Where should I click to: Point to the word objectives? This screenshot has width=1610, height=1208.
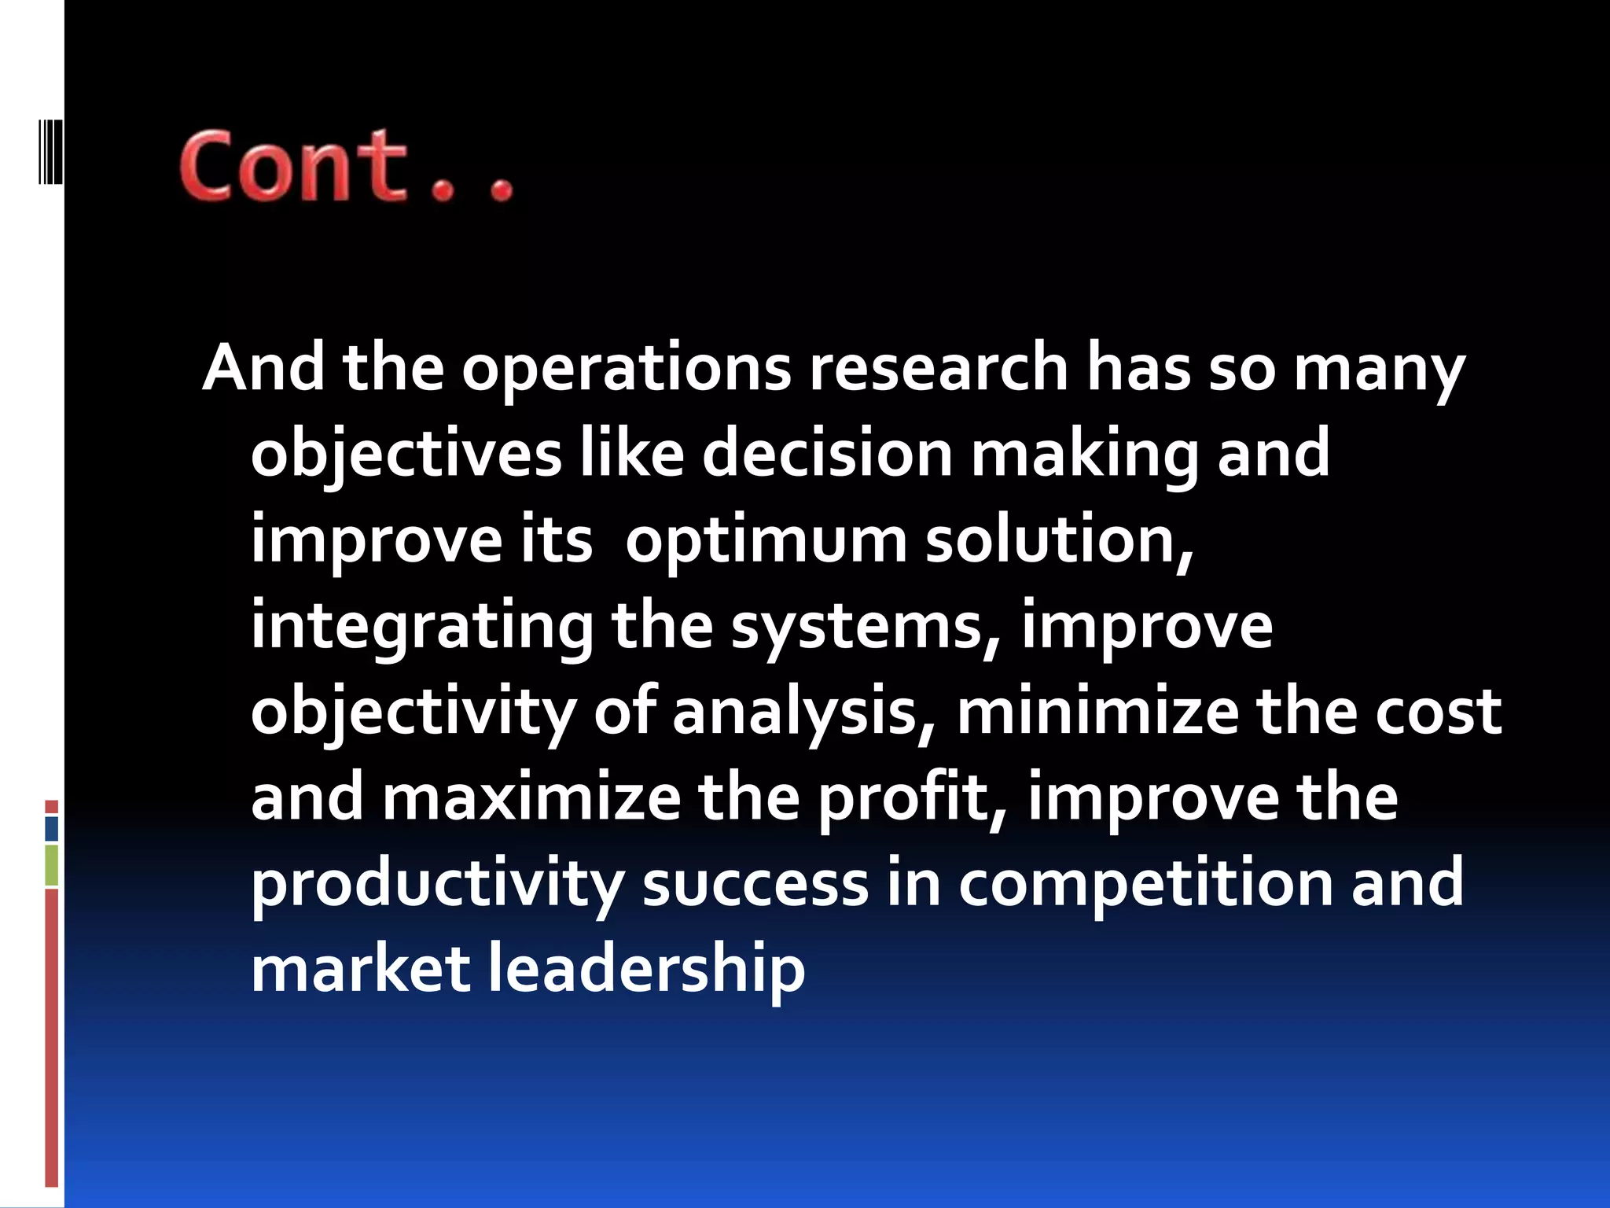[406, 455]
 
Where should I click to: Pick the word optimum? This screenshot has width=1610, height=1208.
[766, 541]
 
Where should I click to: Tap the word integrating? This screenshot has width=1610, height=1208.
[421, 628]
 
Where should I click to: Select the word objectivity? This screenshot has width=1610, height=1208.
[413, 713]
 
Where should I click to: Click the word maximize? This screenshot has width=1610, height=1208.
[531, 797]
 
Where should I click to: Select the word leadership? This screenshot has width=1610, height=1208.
[646, 969]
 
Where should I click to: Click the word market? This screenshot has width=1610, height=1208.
[360, 969]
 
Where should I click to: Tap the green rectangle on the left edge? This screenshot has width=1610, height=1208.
[52, 865]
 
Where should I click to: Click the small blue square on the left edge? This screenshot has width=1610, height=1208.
[52, 828]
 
